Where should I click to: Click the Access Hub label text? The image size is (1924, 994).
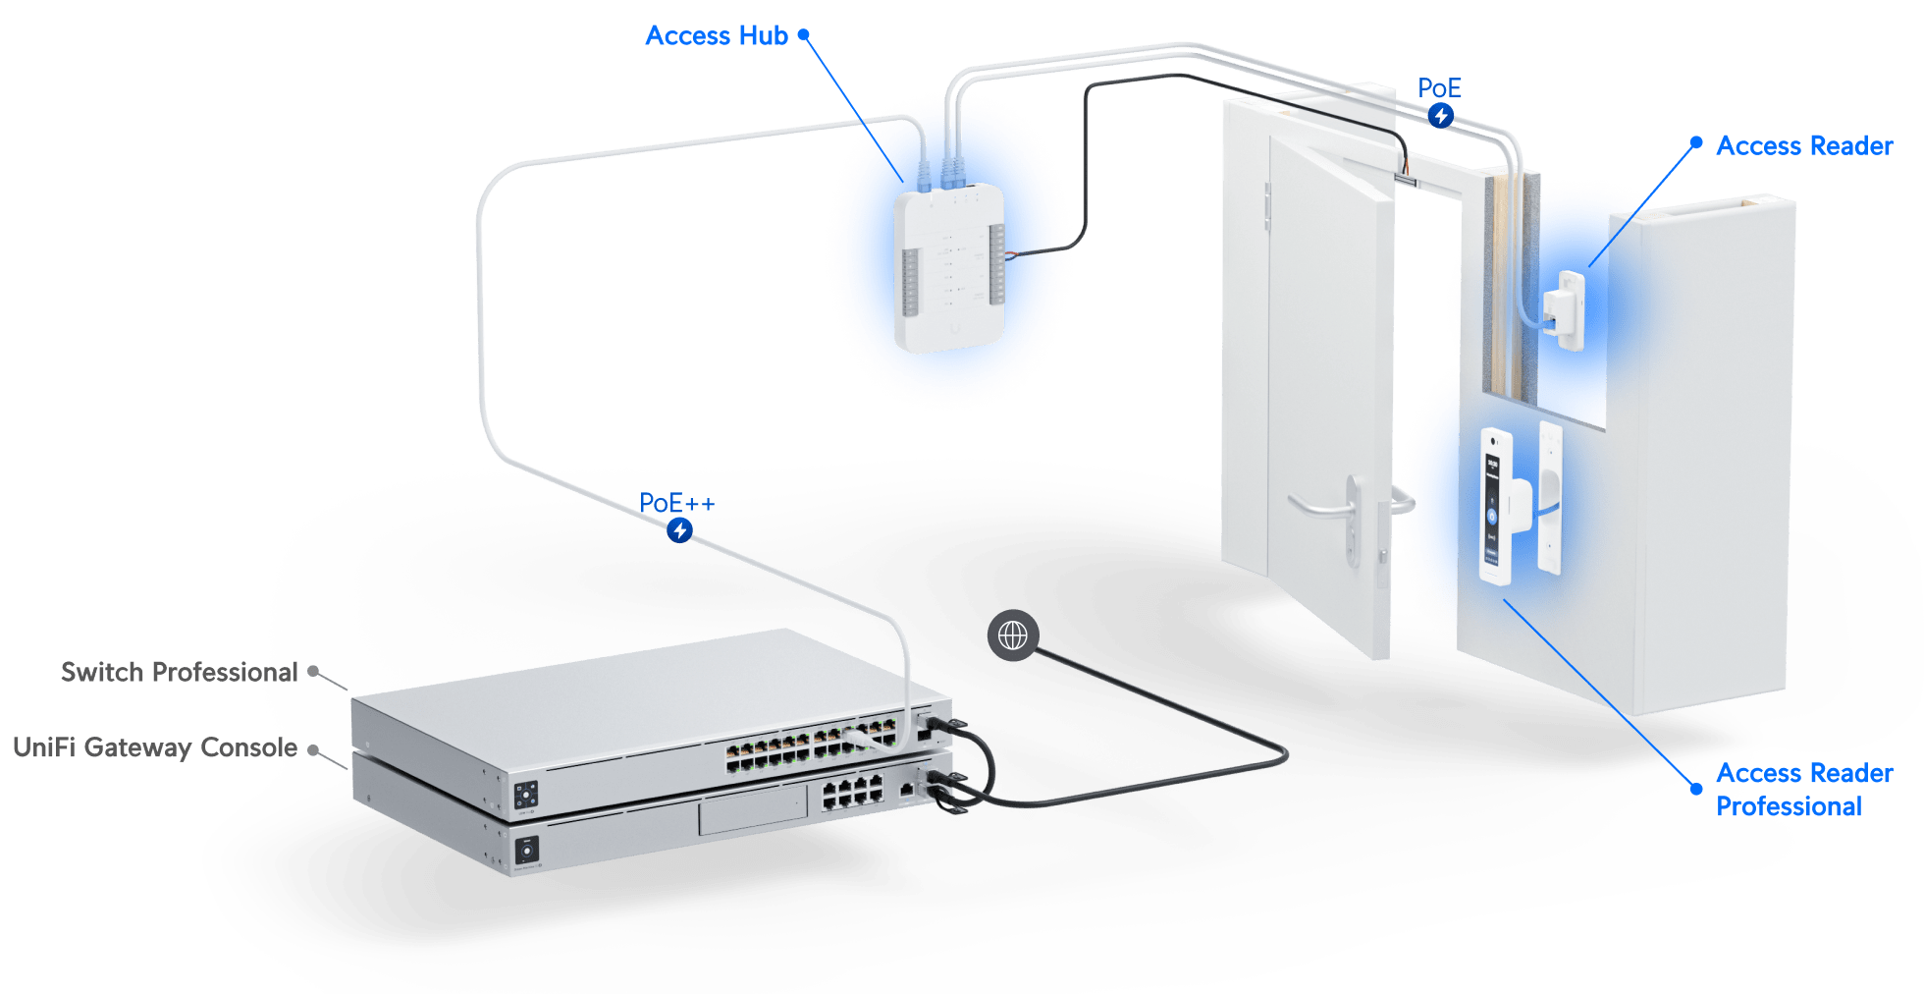pyautogui.click(x=717, y=36)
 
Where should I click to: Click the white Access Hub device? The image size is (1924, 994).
pyautogui.click(x=948, y=270)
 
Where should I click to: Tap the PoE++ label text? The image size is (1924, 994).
pyautogui.click(x=676, y=504)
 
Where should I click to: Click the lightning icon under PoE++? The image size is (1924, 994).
pyautogui.click(x=679, y=531)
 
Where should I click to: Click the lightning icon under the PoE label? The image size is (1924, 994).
pyautogui.click(x=1440, y=116)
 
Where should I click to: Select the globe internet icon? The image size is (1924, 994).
pyautogui.click(x=1012, y=635)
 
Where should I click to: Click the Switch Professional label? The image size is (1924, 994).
pyautogui.click(x=179, y=673)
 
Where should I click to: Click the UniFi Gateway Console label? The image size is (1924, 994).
pyautogui.click(x=154, y=748)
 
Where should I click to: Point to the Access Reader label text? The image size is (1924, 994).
pyautogui.click(x=1804, y=146)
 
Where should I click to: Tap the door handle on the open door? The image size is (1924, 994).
pyautogui.click(x=1325, y=505)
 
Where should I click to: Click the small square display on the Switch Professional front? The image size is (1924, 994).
pyautogui.click(x=526, y=795)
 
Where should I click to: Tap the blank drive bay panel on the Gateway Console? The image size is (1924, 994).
pyautogui.click(x=753, y=814)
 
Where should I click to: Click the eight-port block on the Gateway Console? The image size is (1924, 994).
pyautogui.click(x=852, y=793)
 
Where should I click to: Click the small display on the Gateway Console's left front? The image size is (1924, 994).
pyautogui.click(x=527, y=851)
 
